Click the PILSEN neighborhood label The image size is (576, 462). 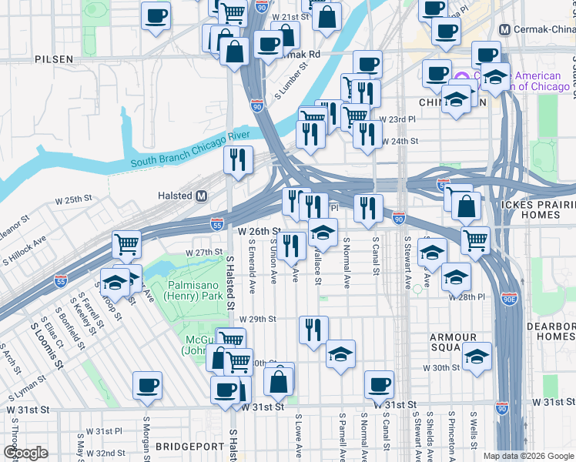click(53, 59)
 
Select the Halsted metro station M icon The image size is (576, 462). click(202, 196)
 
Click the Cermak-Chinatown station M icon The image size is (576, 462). click(505, 29)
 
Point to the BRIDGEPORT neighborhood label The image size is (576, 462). click(188, 446)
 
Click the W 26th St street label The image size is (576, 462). click(258, 231)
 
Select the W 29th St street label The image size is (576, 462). click(256, 319)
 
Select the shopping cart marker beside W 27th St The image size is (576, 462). click(126, 245)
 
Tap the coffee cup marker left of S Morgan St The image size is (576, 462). click(147, 385)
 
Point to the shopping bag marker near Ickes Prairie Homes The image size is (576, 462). click(466, 206)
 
